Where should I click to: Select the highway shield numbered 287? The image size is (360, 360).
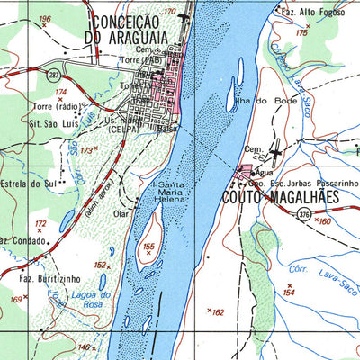[55, 72]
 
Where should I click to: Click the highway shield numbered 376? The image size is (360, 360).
[304, 213]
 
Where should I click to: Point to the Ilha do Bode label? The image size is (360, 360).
[251, 101]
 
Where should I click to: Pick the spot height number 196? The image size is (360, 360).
[46, 19]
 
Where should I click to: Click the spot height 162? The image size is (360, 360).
[217, 312]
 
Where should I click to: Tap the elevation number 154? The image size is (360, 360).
[289, 292]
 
